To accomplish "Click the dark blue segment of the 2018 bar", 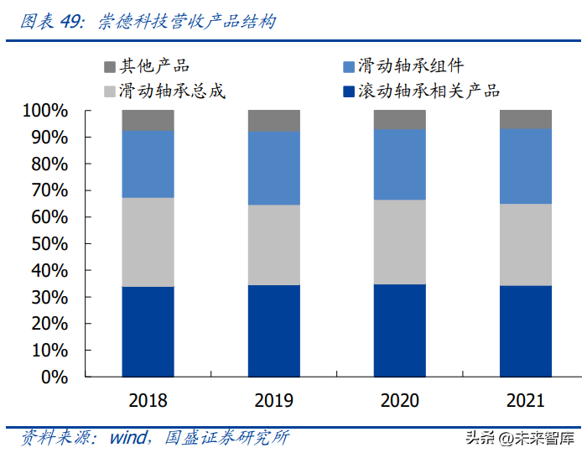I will pyautogui.click(x=148, y=331).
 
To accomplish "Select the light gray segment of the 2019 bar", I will pyautogui.click(x=273, y=245).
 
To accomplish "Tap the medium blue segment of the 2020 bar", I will pyautogui.click(x=400, y=164).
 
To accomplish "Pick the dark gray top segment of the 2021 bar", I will pyautogui.click(x=526, y=119).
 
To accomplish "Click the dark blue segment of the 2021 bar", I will pyautogui.click(x=526, y=331).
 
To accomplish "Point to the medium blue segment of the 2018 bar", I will pyautogui.click(x=148, y=164).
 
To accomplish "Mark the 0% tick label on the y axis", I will pyautogui.click(x=54, y=377).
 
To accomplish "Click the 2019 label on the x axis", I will pyautogui.click(x=273, y=400).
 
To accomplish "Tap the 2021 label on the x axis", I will pyautogui.click(x=526, y=400).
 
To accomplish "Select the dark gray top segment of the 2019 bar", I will pyautogui.click(x=273, y=121).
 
